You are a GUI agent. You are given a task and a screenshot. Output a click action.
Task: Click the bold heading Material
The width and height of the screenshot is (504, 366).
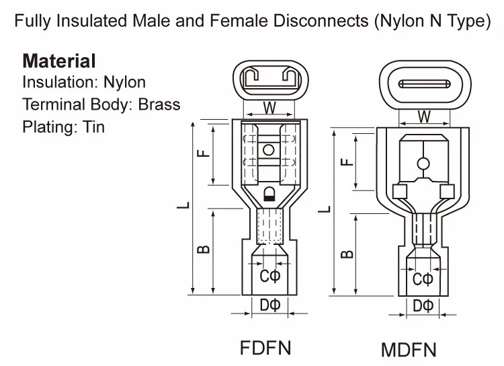pyautogui.click(x=59, y=61)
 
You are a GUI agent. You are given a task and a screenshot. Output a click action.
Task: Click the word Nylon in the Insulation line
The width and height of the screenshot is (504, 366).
pyautogui.click(x=124, y=83)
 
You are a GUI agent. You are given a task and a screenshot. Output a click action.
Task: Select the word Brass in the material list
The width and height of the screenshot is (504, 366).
pyautogui.click(x=159, y=104)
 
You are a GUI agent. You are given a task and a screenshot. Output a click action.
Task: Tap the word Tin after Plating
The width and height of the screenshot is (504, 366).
pyautogui.click(x=94, y=126)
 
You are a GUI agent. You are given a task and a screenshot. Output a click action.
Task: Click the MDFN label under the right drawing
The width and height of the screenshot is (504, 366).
pyautogui.click(x=409, y=350)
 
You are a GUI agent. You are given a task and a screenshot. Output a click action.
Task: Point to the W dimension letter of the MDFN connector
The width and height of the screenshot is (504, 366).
pyautogui.click(x=424, y=116)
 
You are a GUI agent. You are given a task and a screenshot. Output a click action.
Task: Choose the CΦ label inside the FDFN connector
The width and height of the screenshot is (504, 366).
pyautogui.click(x=269, y=277)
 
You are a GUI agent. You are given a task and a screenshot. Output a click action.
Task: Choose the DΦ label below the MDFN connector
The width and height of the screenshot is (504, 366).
pyautogui.click(x=423, y=306)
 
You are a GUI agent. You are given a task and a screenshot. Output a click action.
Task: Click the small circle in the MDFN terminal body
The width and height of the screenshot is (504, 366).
pyautogui.click(x=423, y=163)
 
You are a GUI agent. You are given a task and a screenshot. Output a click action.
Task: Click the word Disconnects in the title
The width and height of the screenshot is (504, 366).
pyautogui.click(x=319, y=21)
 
